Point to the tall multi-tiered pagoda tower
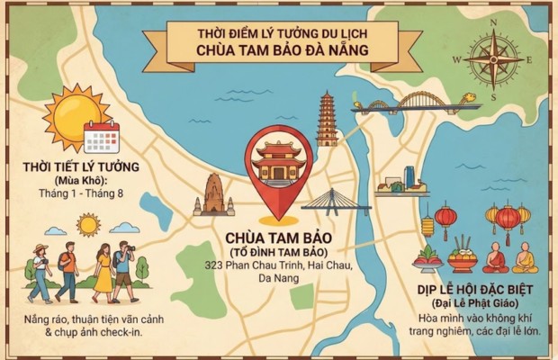pyautogui.click(x=326, y=119)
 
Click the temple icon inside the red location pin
pyautogui.click(x=278, y=165)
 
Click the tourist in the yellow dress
pyautogui.click(x=103, y=272)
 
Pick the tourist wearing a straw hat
pyautogui.click(x=40, y=270)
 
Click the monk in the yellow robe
pyautogui.click(x=525, y=258)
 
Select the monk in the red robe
pyautogui.click(x=495, y=259)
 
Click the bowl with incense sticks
pyautogui.click(x=463, y=256)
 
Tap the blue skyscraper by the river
pyautogui.click(x=409, y=177)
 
